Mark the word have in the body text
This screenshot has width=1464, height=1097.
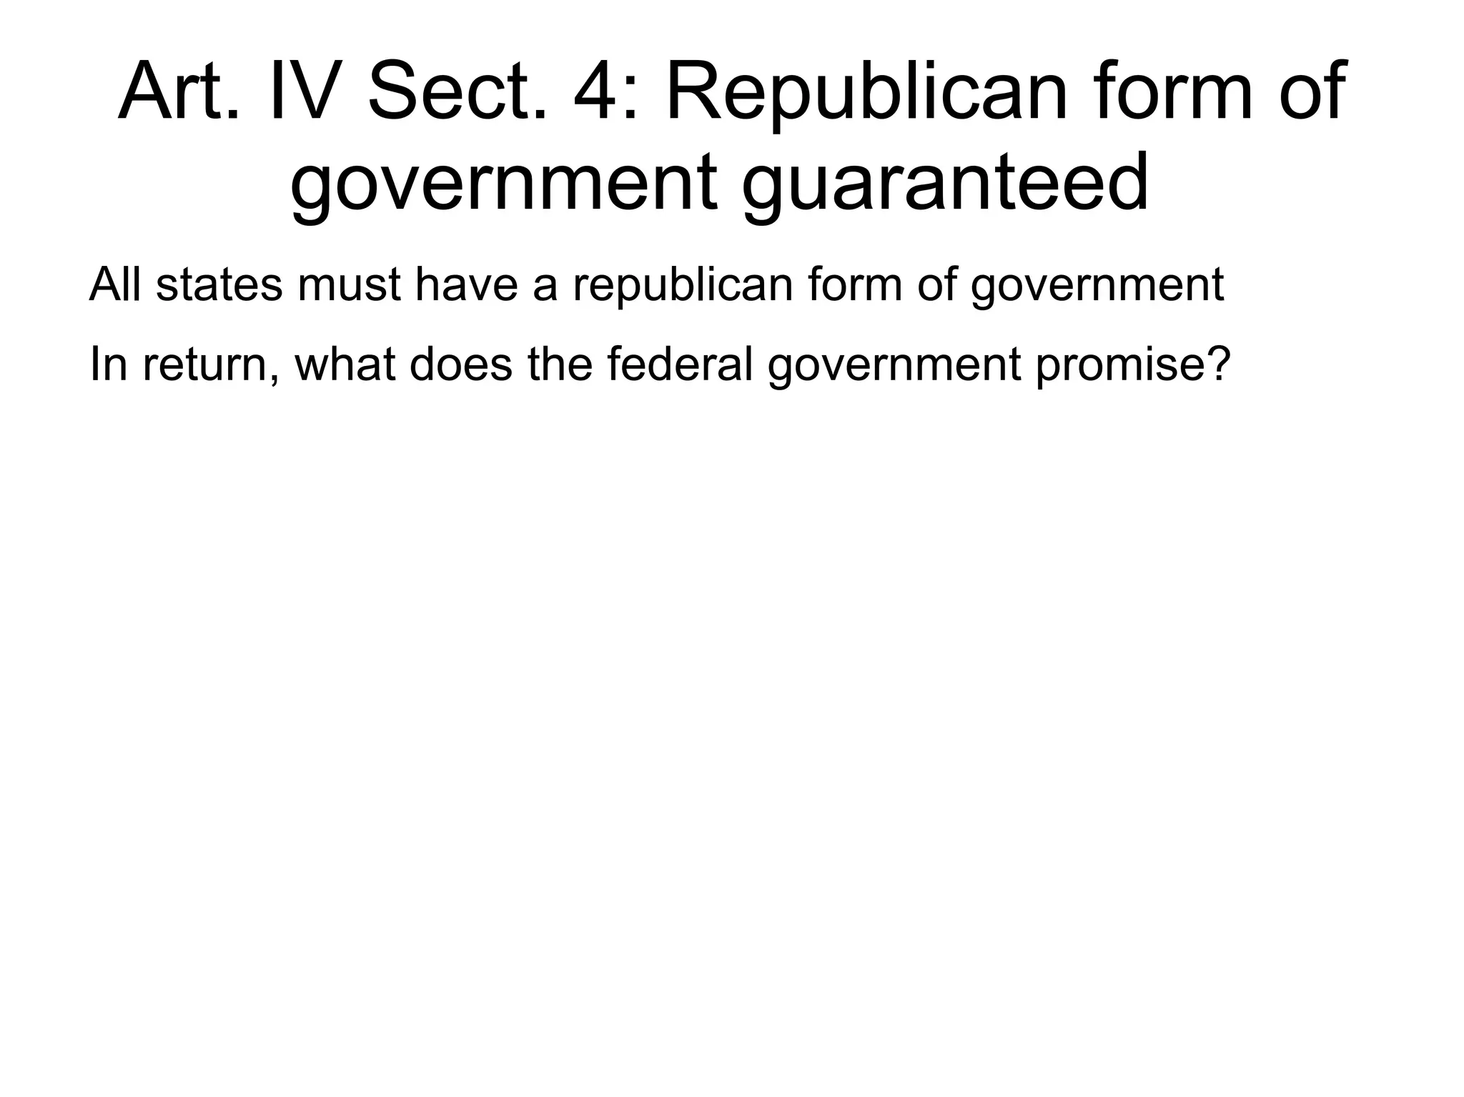click(466, 284)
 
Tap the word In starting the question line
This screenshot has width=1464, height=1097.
click(107, 364)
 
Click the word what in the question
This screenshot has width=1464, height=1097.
click(345, 364)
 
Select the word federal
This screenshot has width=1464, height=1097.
click(680, 364)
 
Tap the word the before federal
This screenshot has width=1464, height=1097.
click(560, 364)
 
